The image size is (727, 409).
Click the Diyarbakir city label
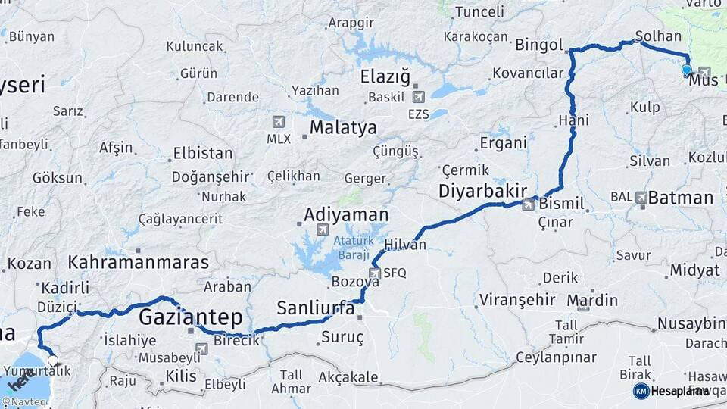coord(482,192)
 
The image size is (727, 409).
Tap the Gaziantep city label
coord(190,317)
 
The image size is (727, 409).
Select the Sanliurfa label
coord(315,308)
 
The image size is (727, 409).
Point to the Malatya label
coord(342,127)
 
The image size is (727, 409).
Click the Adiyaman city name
coord(345,215)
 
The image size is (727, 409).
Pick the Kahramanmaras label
coord(138,263)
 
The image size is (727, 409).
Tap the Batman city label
coord(681,198)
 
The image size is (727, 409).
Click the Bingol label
coord(539,45)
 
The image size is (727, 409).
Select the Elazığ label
coord(385,76)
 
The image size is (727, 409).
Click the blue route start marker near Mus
coord(686,70)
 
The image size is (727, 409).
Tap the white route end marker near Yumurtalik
coord(52,361)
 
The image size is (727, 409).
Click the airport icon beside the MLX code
coord(278,122)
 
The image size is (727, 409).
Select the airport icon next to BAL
coord(642,197)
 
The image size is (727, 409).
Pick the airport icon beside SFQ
coord(375,273)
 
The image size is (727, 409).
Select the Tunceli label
coord(479,11)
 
